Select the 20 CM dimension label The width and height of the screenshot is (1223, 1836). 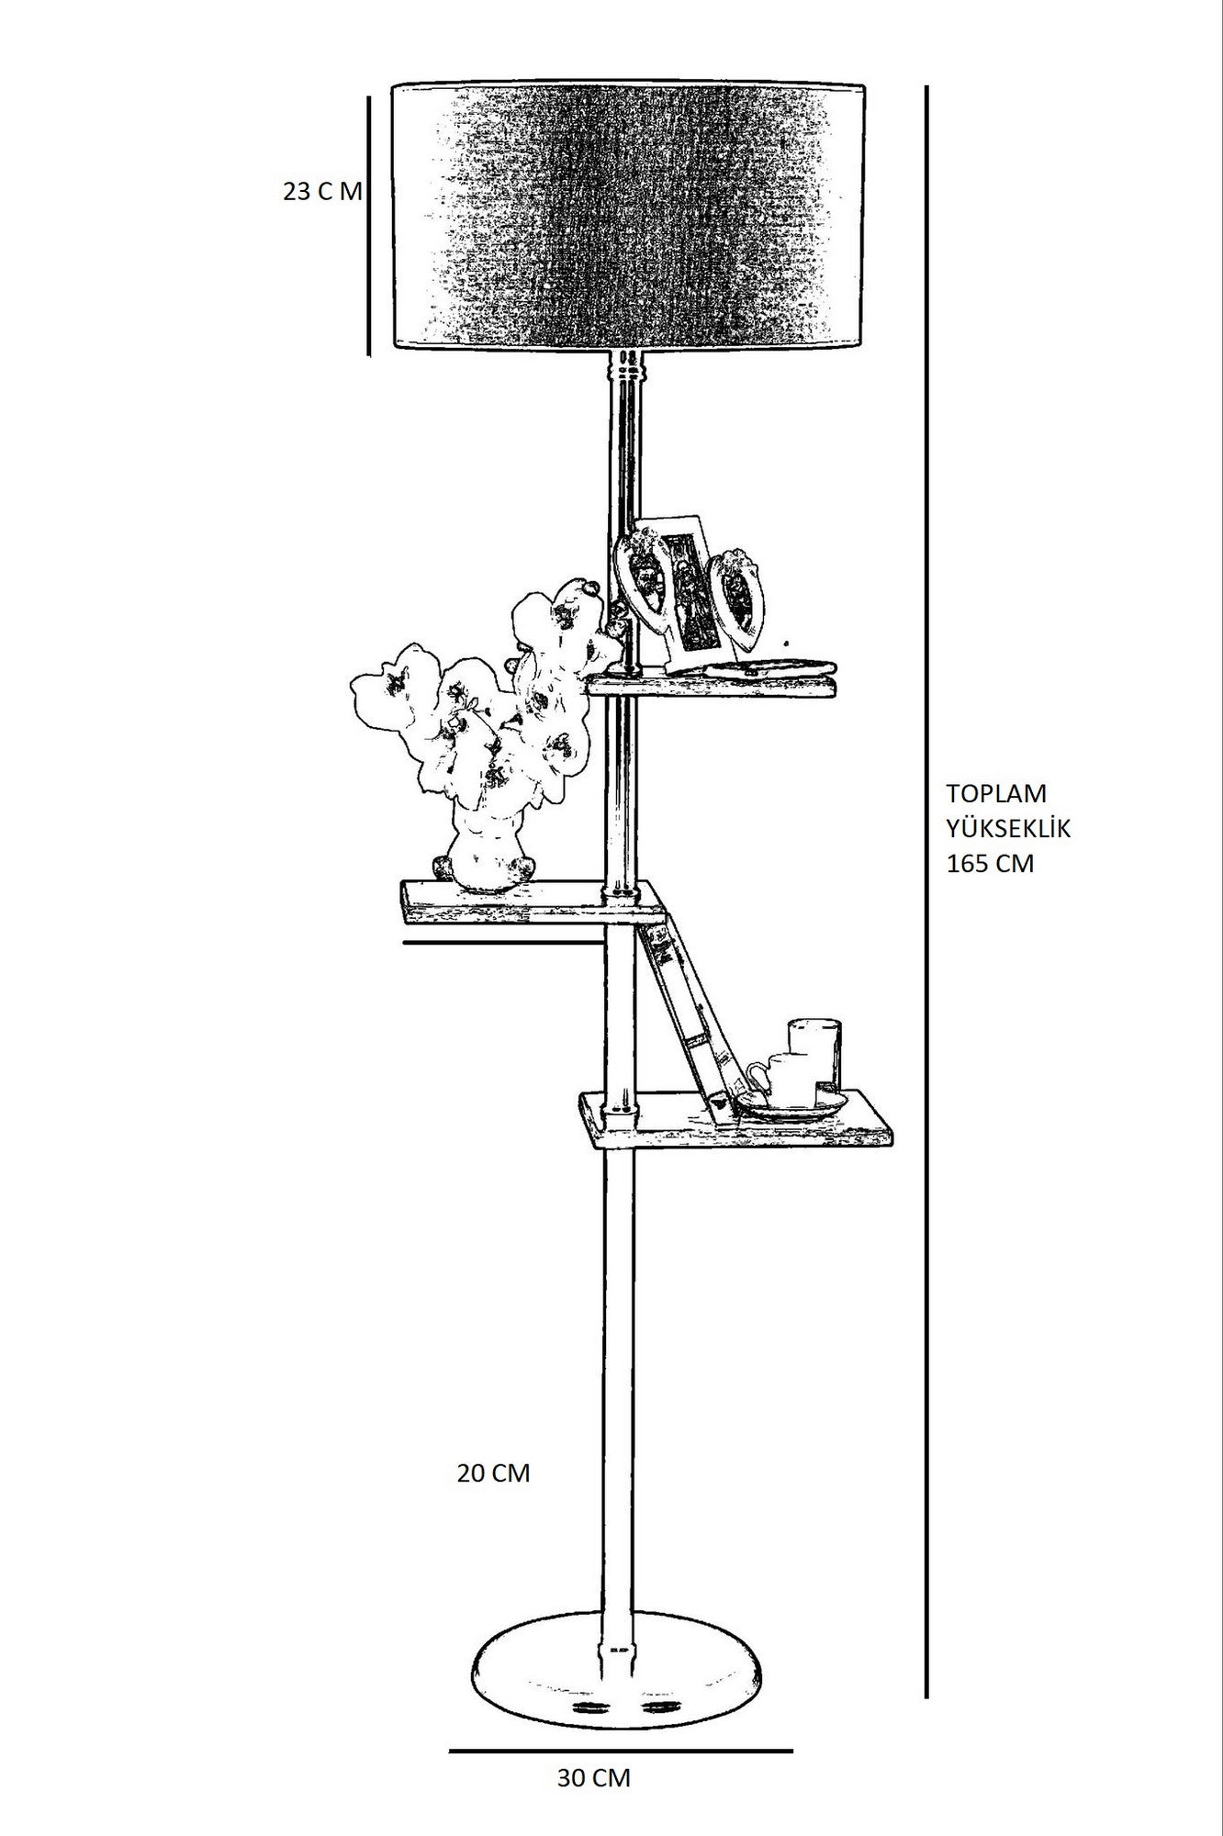[x=493, y=1498]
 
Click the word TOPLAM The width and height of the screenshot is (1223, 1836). [x=996, y=793]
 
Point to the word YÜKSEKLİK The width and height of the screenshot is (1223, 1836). [x=1008, y=829]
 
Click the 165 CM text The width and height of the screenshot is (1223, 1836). [x=990, y=864]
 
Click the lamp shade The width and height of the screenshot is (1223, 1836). [x=631, y=217]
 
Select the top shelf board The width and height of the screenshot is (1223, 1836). [x=712, y=687]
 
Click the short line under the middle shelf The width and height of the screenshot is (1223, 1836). [x=500, y=942]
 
